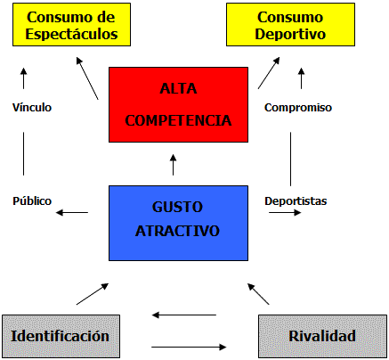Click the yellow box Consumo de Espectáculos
(71, 25)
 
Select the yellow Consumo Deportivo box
(290, 25)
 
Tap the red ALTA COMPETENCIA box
(178, 104)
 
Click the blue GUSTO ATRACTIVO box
(178, 223)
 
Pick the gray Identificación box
(61, 336)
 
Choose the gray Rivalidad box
(322, 336)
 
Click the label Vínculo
(32, 108)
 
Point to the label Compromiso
(298, 108)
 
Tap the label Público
(32, 201)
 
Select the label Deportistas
(296, 201)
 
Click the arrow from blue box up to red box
(174, 165)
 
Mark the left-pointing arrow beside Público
(72, 212)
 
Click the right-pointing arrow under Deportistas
(285, 212)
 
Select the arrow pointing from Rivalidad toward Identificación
(184, 315)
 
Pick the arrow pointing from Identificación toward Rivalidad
(189, 347)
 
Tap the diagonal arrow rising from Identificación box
(93, 294)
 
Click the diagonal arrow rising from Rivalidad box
(258, 294)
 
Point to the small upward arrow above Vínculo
(24, 78)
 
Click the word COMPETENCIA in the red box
(178, 120)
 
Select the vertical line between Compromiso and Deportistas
(290, 160)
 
